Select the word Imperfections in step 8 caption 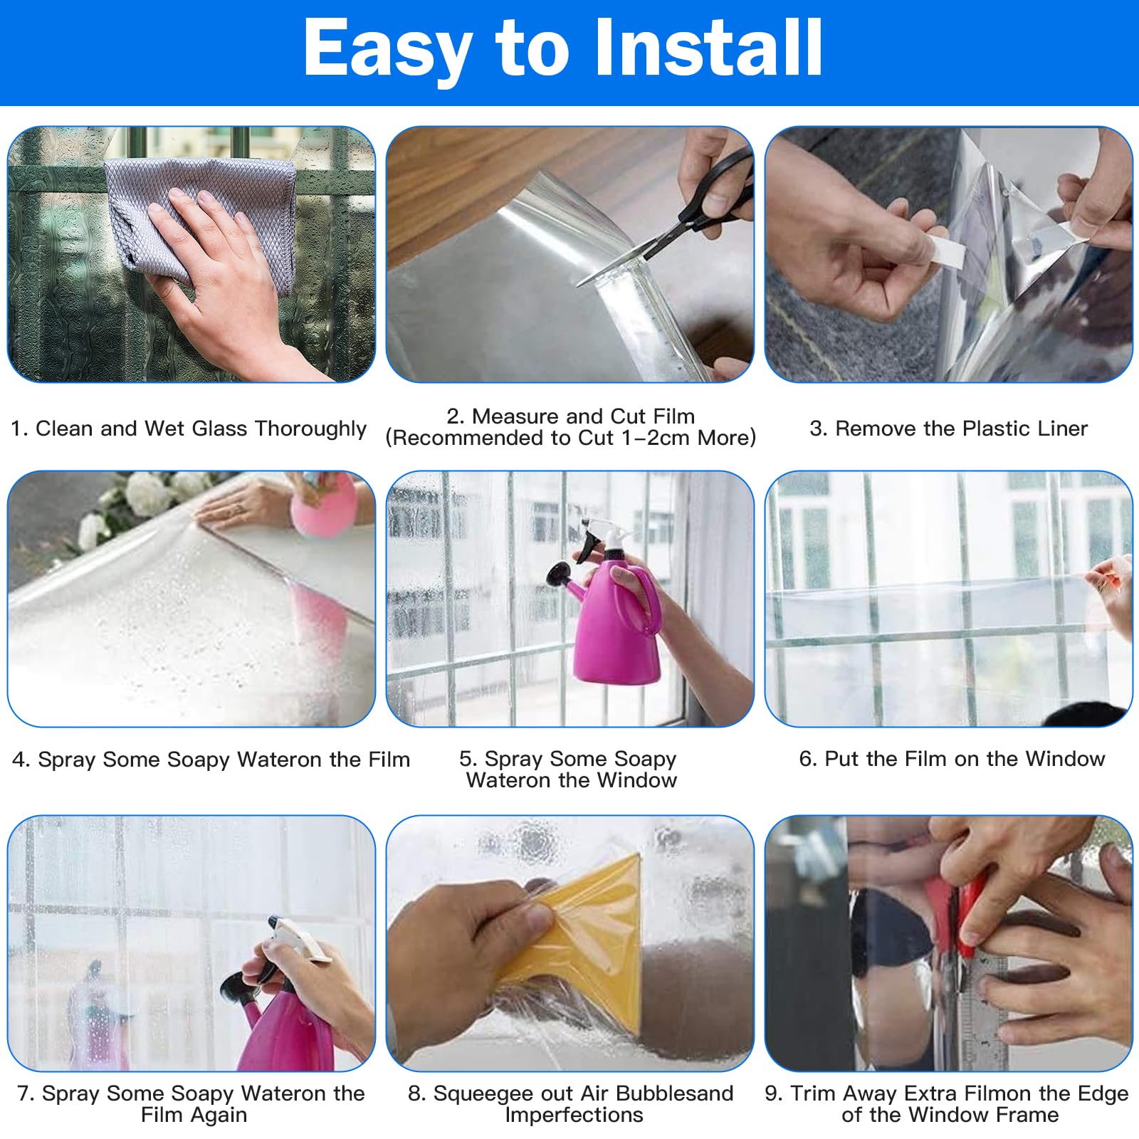click(574, 1116)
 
